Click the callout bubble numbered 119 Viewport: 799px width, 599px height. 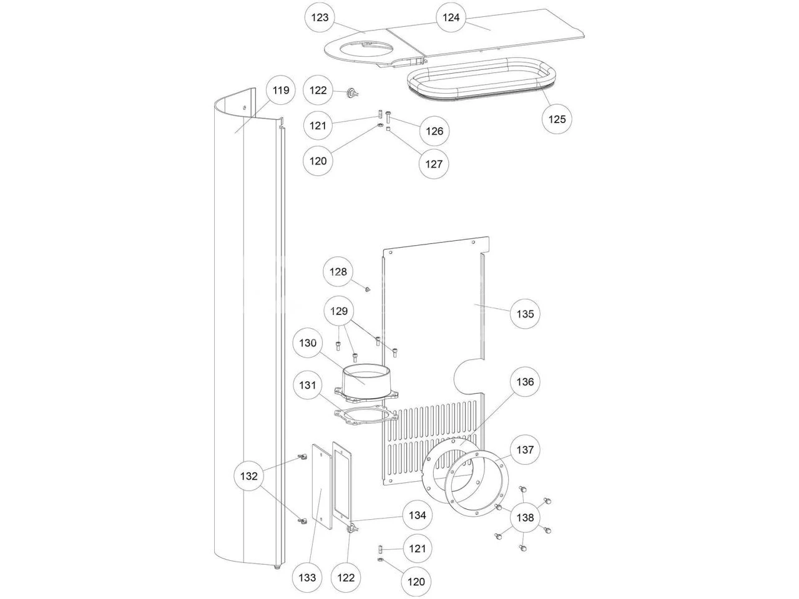click(x=281, y=90)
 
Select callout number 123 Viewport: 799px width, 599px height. click(x=319, y=17)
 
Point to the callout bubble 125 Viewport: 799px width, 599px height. click(x=557, y=119)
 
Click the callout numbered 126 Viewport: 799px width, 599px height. click(x=434, y=131)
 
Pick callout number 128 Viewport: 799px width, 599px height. click(x=338, y=272)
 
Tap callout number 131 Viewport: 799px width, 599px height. click(x=308, y=386)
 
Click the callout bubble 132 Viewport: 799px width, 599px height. click(x=248, y=477)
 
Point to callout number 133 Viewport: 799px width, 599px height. click(x=307, y=578)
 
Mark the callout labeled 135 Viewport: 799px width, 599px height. click(x=525, y=313)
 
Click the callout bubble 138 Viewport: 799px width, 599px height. click(x=526, y=517)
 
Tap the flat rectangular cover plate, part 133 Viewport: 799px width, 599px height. click(x=321, y=487)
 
